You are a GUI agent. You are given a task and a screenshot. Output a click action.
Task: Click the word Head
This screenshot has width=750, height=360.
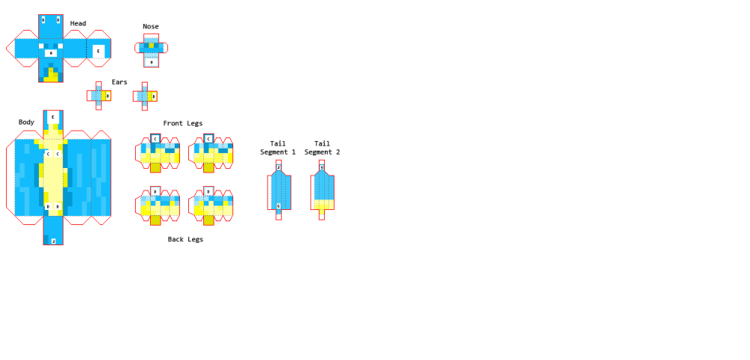coord(78,24)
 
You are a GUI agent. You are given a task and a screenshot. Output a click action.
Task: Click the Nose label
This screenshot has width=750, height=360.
coord(151,27)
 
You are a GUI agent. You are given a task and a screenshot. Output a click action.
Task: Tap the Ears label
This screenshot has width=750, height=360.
coord(119,82)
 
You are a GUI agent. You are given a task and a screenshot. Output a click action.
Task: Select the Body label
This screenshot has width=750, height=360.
coord(26,122)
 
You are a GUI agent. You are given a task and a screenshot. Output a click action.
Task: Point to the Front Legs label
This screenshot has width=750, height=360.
coord(182,124)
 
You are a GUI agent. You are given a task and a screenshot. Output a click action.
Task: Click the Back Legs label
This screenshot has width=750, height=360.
coord(185,239)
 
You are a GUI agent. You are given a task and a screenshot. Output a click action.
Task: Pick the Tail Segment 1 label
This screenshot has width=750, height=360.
coord(277,148)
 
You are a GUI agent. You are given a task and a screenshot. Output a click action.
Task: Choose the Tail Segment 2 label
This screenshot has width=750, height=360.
coord(322,148)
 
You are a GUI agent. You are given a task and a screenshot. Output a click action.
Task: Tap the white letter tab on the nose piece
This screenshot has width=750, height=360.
coord(151,62)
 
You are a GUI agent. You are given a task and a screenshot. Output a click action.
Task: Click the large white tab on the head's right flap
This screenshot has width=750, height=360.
coord(98,51)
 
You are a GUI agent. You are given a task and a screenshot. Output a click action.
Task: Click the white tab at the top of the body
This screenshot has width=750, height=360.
coord(52,117)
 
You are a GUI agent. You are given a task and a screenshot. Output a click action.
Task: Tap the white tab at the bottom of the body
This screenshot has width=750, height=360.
coord(53,241)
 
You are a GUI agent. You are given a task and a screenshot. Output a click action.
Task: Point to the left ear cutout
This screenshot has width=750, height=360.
coord(99,96)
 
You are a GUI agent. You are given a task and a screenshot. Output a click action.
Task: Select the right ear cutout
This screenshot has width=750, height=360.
coord(145,96)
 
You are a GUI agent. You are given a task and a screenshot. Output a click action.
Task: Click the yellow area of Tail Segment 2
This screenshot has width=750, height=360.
coord(323,204)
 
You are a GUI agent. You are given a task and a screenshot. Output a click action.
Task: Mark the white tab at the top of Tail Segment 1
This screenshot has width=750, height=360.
coord(278,167)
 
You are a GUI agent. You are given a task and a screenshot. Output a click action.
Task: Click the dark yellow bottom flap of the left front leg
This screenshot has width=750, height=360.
coord(155,167)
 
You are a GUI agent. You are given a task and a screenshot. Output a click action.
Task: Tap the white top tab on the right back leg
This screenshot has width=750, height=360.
coord(208,191)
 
